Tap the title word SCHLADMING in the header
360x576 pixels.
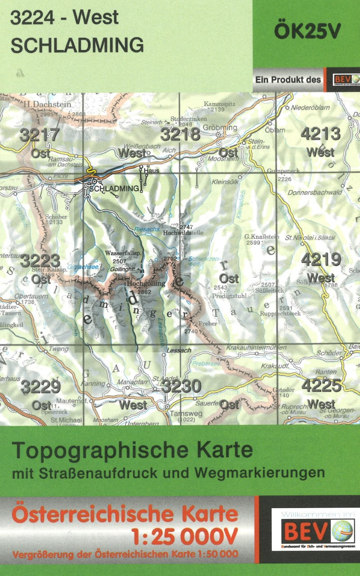coord(76,45)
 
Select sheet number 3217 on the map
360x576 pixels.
coord(40,135)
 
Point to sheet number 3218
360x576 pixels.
coord(180,134)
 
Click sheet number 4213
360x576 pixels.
coord(320,134)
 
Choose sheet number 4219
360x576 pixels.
coord(320,260)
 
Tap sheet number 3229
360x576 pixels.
coord(40,386)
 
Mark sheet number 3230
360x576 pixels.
coord(181,386)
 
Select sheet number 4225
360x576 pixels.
coord(321,385)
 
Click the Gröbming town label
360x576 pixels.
coord(220,127)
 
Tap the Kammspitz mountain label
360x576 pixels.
coord(220,104)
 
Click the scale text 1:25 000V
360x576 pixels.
coord(184,535)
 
